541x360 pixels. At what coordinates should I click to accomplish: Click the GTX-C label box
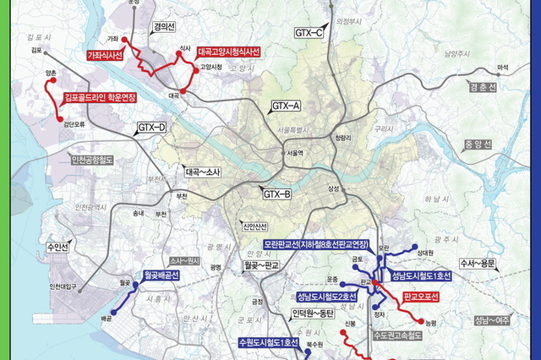[309, 32]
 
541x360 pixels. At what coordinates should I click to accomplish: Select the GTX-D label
[152, 128]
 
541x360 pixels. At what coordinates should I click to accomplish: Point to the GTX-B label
[276, 194]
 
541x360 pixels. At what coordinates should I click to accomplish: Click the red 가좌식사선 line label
[106, 55]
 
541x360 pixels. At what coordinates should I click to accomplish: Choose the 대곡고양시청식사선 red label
[229, 52]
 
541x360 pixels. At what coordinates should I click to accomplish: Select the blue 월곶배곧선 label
[157, 275]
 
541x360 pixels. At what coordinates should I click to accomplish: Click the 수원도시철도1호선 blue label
[269, 342]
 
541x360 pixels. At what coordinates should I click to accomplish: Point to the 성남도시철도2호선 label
[325, 297]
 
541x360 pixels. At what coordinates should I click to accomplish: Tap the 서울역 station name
[293, 153]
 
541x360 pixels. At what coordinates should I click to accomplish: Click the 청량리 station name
[342, 137]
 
